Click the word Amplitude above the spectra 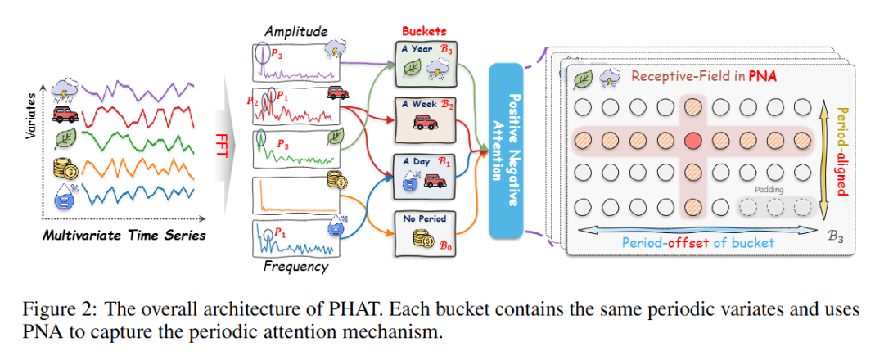[295, 31]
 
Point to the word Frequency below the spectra [295, 266]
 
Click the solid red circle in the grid [692, 140]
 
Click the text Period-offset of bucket [697, 241]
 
